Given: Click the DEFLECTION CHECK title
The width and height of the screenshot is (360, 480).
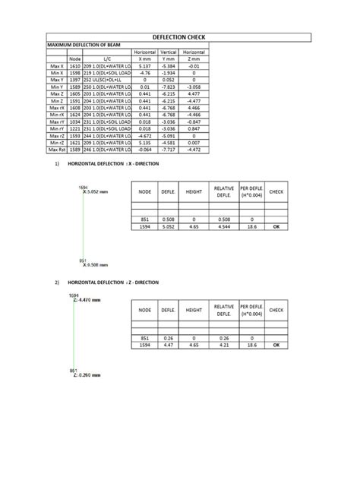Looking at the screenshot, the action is coord(180,36).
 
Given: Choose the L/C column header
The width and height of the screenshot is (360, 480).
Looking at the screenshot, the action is coord(106,58).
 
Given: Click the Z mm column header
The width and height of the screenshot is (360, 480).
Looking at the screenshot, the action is coord(194,58).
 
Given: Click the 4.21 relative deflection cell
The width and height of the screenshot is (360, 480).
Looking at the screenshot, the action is coord(223,343).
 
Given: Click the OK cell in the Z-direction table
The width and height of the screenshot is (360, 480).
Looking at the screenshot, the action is coord(276,343).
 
